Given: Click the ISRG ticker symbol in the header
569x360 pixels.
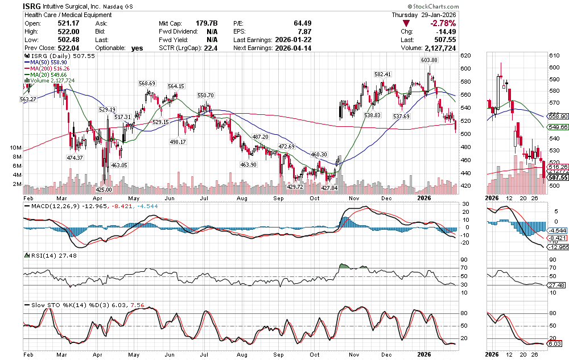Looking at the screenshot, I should pos(32,6).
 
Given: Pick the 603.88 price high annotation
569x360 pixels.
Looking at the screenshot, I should pos(430,60).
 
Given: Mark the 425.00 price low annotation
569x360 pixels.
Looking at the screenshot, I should pos(103,189).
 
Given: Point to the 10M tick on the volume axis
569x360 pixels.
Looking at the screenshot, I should pos(15,147).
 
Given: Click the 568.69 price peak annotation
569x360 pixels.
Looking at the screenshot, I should pos(147,83).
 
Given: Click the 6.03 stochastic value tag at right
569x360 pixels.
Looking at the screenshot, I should pos(554,344).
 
